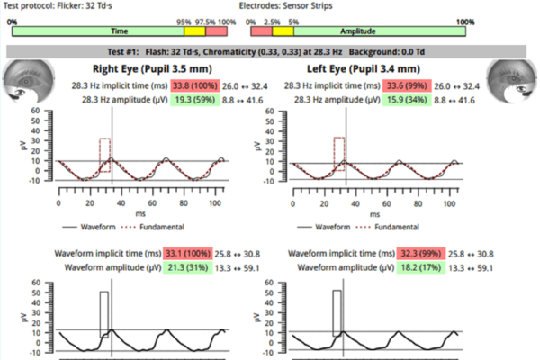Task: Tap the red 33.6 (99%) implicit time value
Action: point(406,85)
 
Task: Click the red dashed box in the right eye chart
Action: point(104,154)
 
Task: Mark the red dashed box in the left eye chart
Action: point(339,153)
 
